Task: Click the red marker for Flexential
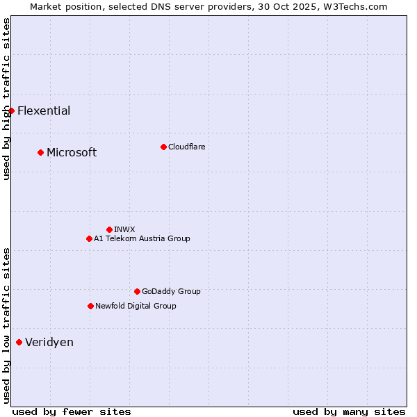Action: [x=11, y=111]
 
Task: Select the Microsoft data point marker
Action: [x=40, y=152]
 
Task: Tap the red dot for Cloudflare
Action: [x=163, y=147]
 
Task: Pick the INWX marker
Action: [x=109, y=229]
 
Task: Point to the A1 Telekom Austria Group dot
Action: [x=89, y=238]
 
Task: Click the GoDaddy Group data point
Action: [x=137, y=291]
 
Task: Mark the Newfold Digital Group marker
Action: [x=90, y=306]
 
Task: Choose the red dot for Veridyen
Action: [x=19, y=342]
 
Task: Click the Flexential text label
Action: [x=44, y=111]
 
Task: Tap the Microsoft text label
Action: [x=72, y=152]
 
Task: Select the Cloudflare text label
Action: [x=187, y=147]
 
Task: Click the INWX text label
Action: [x=124, y=229]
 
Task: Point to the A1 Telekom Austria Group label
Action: [x=142, y=238]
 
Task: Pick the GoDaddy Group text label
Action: [x=171, y=291]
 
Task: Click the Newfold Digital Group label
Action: [x=136, y=306]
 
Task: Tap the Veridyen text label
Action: [x=49, y=342]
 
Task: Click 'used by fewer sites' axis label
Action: [x=72, y=411]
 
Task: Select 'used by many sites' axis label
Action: [x=349, y=411]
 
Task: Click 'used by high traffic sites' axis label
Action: [x=6, y=99]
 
